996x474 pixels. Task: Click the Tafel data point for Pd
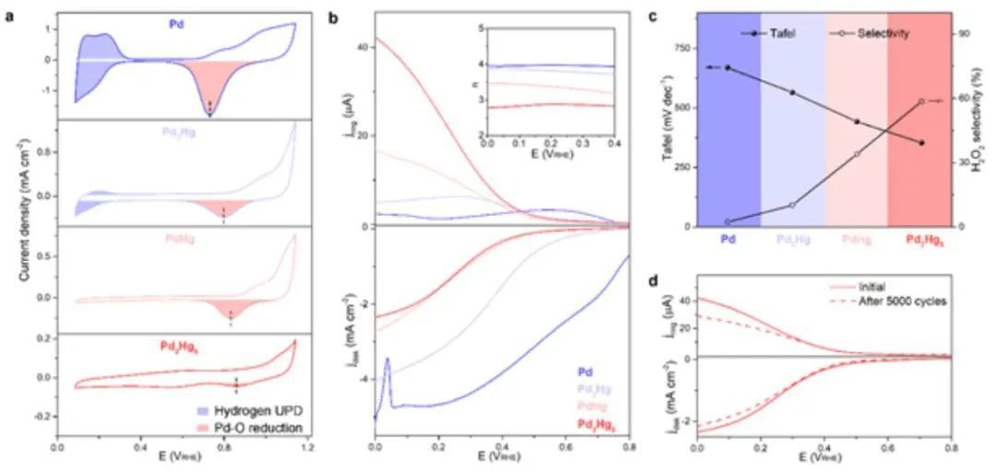coord(728,67)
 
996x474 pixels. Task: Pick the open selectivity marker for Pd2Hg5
coord(920,101)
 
